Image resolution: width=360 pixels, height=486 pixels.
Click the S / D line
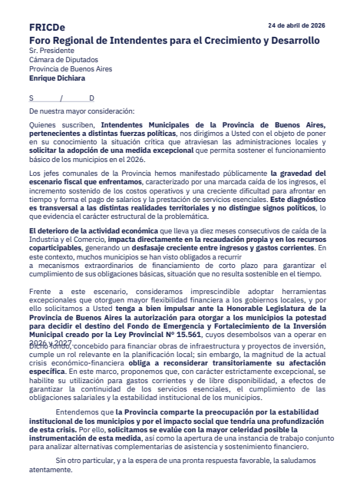[x=61, y=98]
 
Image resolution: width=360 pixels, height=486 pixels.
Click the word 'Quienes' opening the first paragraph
[x=44, y=124]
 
